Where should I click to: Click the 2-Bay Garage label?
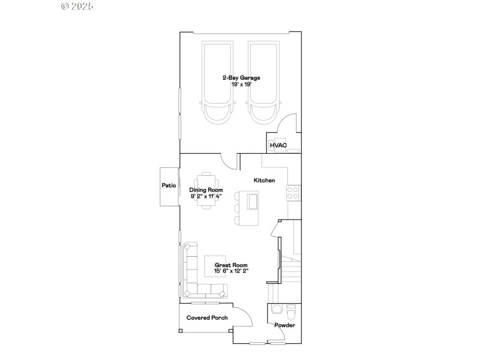point(241,77)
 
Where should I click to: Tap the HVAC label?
point(278,145)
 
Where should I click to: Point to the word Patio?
point(169,186)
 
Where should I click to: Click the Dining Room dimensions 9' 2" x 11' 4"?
point(206,196)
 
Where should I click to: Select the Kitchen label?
point(264,180)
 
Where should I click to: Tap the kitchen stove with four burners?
point(293,193)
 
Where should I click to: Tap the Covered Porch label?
point(207,317)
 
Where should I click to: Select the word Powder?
point(284,326)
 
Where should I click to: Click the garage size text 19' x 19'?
point(241,85)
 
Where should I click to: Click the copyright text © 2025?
point(78,7)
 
